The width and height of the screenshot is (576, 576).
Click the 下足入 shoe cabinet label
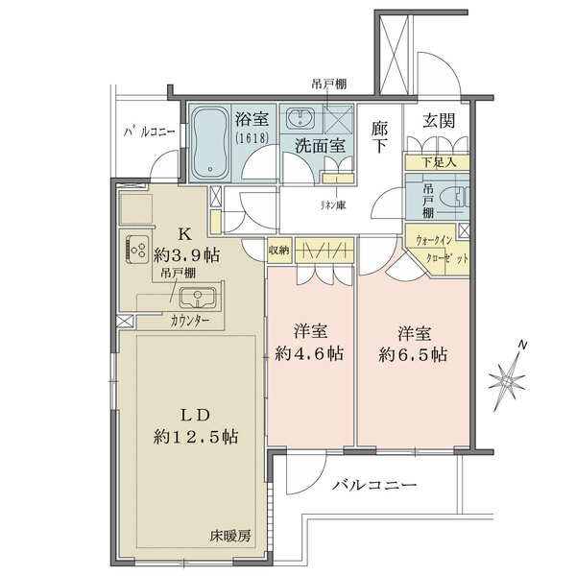click(439, 163)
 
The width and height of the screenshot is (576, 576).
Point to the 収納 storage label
click(279, 250)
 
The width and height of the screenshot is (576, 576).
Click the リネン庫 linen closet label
click(333, 205)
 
